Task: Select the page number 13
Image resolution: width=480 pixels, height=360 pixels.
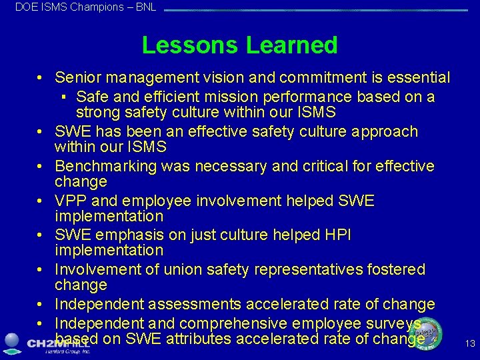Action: click(470, 344)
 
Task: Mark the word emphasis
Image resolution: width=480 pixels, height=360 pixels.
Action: click(119, 235)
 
